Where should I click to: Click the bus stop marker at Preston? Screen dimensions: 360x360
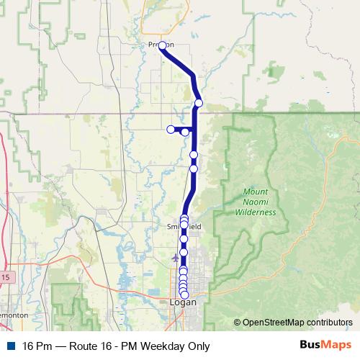pos(162,45)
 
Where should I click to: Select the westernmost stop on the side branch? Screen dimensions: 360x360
pos(171,130)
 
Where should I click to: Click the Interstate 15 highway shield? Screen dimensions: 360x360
pos(5,276)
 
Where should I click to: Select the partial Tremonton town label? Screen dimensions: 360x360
pos(13,315)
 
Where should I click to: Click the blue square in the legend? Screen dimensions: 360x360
pos(12,346)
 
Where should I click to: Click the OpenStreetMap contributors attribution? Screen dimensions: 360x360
pos(297,322)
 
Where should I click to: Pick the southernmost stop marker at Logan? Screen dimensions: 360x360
pos(184,294)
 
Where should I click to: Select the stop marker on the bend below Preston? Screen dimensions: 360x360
pos(199,103)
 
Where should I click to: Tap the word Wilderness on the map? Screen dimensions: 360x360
pos(259,212)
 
